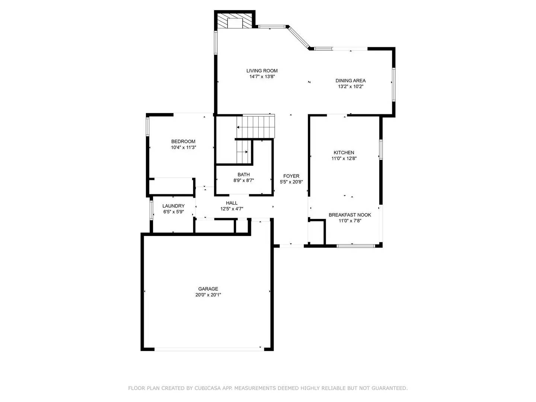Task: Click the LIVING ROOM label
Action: [x=262, y=71]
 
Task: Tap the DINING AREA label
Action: [x=350, y=80]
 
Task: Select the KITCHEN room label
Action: [x=344, y=153]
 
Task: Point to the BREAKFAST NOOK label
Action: [x=350, y=215]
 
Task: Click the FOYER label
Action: [x=291, y=176]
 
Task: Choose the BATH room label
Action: [x=243, y=175]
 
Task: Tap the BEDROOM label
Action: [x=183, y=141]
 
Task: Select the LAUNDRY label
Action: [x=173, y=206]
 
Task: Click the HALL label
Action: [x=232, y=203]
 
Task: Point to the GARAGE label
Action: [x=208, y=289]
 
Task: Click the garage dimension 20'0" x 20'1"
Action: [x=208, y=295]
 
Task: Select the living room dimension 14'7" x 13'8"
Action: [x=262, y=77]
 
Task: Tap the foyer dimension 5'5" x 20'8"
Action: [x=291, y=182]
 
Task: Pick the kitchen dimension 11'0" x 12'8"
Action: [x=344, y=159]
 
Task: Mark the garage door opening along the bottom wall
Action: [x=208, y=349]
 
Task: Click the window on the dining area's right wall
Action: [x=393, y=84]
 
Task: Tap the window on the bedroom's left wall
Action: [x=147, y=127]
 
